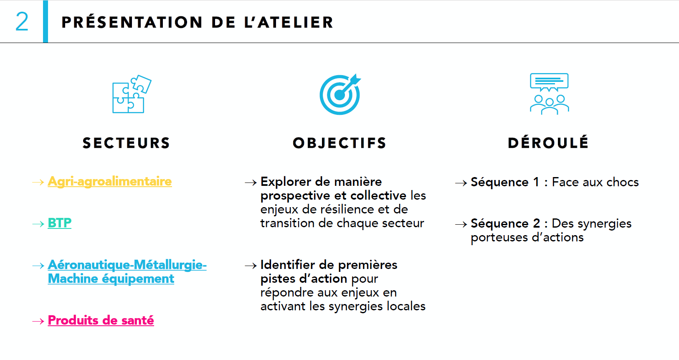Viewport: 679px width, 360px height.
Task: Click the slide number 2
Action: (x=22, y=22)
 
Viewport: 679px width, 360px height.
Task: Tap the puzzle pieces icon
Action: (x=132, y=94)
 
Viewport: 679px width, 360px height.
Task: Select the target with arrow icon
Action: (x=340, y=94)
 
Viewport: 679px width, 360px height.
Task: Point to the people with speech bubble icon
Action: (x=549, y=94)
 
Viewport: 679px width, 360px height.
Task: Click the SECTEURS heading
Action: (x=126, y=143)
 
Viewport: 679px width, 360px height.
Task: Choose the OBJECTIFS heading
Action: (x=339, y=143)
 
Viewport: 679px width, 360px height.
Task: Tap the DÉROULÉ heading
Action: (x=548, y=142)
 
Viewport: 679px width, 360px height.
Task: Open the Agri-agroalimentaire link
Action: (x=110, y=182)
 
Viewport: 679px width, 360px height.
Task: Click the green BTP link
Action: (x=60, y=223)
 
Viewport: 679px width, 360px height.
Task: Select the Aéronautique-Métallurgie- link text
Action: (x=127, y=265)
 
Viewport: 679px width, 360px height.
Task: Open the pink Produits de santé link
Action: (x=101, y=321)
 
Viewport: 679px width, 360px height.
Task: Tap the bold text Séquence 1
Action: (x=505, y=182)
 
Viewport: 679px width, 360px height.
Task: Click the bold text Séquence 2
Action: (x=506, y=223)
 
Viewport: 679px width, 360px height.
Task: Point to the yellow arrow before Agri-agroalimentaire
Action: (x=38, y=182)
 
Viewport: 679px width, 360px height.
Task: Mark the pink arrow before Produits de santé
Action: (x=38, y=321)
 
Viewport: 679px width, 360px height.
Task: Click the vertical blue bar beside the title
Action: (x=46, y=22)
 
